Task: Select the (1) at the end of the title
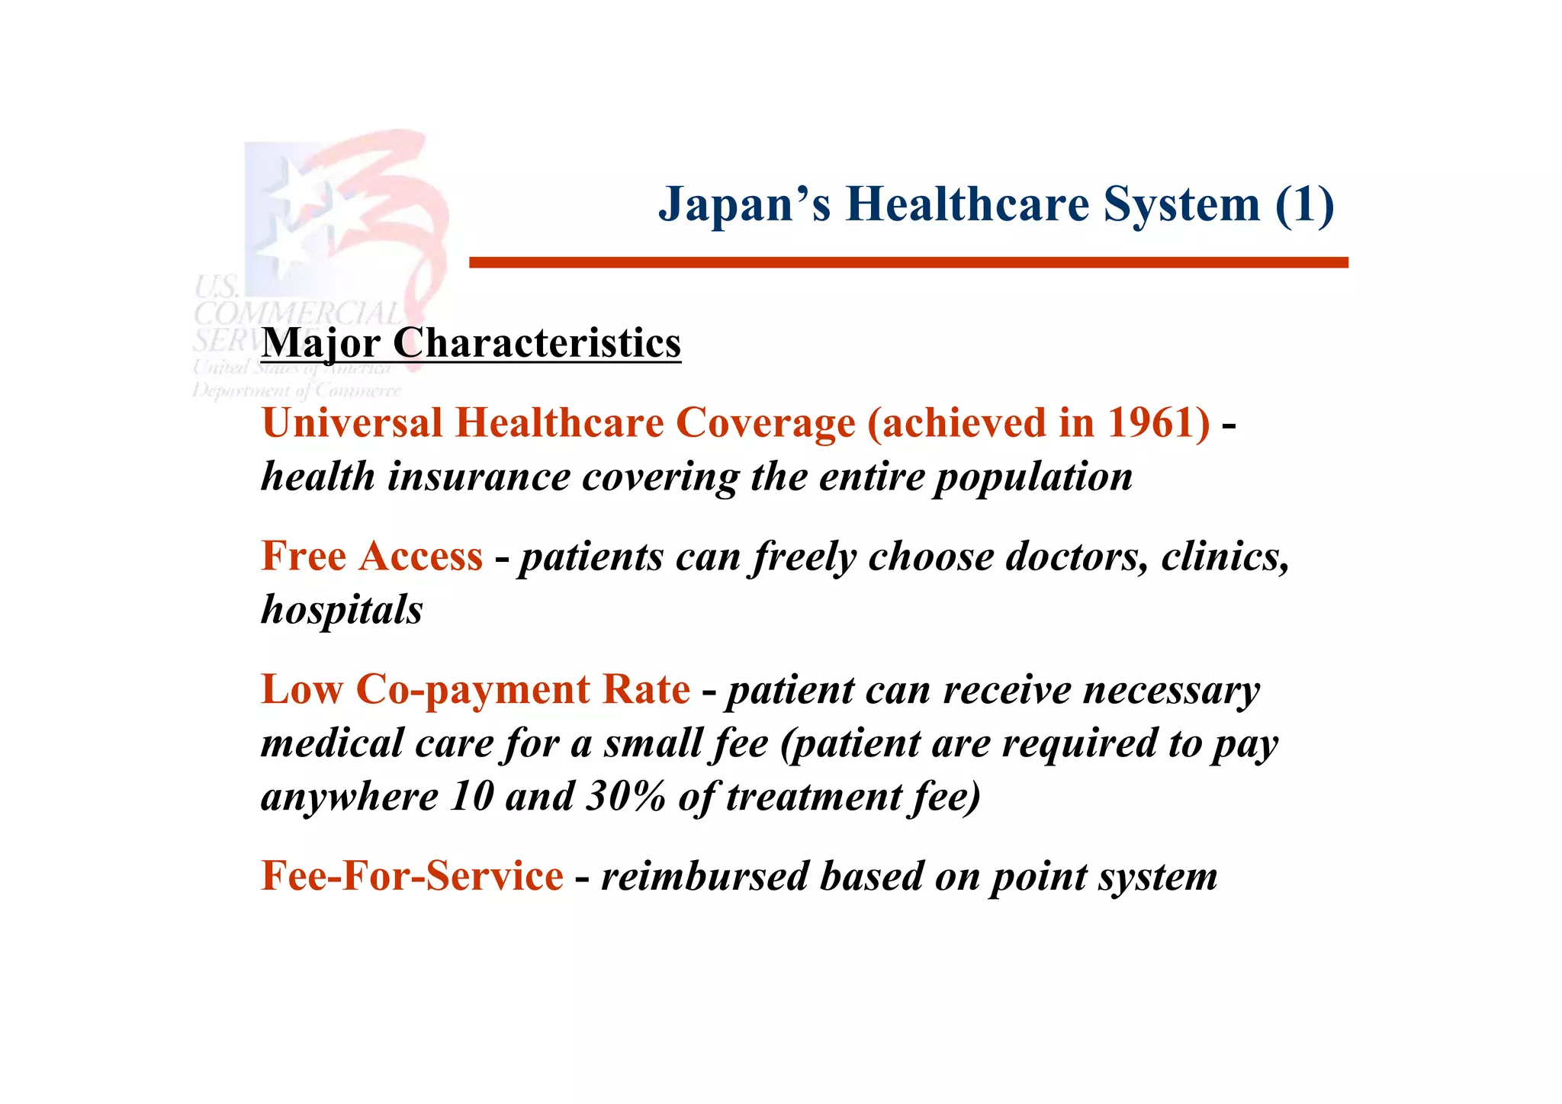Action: [1303, 205]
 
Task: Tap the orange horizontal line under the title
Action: [908, 262]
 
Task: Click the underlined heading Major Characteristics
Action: [471, 343]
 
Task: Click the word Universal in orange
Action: [352, 422]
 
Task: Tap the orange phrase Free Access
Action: [371, 556]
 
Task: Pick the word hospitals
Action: [341, 610]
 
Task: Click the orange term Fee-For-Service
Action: [412, 875]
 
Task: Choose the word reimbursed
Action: [704, 876]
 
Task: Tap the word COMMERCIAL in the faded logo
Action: [297, 313]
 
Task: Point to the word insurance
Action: [478, 478]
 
